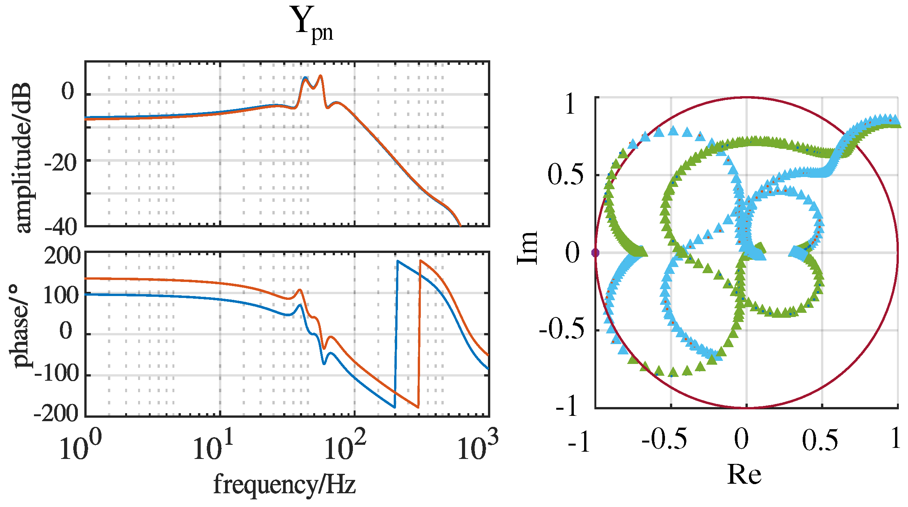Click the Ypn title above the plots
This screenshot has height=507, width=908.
314,24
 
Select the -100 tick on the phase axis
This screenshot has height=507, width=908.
56,374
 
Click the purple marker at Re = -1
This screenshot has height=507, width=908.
595,253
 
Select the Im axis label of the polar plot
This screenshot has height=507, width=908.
527,248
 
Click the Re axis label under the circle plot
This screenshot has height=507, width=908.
744,475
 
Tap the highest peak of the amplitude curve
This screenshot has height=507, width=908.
320,76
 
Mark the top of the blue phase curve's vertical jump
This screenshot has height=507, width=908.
398,261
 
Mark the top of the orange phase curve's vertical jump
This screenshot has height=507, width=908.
420,261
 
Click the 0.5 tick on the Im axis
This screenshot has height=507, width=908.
565,175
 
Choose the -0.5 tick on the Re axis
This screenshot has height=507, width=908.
664,439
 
